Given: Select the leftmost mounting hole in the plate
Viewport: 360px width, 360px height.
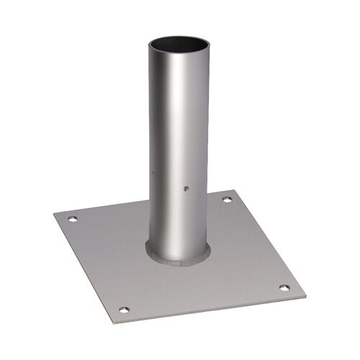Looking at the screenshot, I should (x=71, y=219).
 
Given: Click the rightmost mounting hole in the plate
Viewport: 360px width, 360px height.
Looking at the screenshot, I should (x=284, y=287).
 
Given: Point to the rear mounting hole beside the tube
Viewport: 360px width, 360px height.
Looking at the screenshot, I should (x=227, y=199).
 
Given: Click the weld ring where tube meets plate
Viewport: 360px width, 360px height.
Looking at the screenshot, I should (x=180, y=256).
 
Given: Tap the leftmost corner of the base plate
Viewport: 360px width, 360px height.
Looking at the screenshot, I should (x=55, y=212).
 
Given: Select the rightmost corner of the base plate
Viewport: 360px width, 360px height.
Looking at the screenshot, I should (x=305, y=294).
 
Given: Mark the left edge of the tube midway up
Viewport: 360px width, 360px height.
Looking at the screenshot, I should (x=150, y=144).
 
